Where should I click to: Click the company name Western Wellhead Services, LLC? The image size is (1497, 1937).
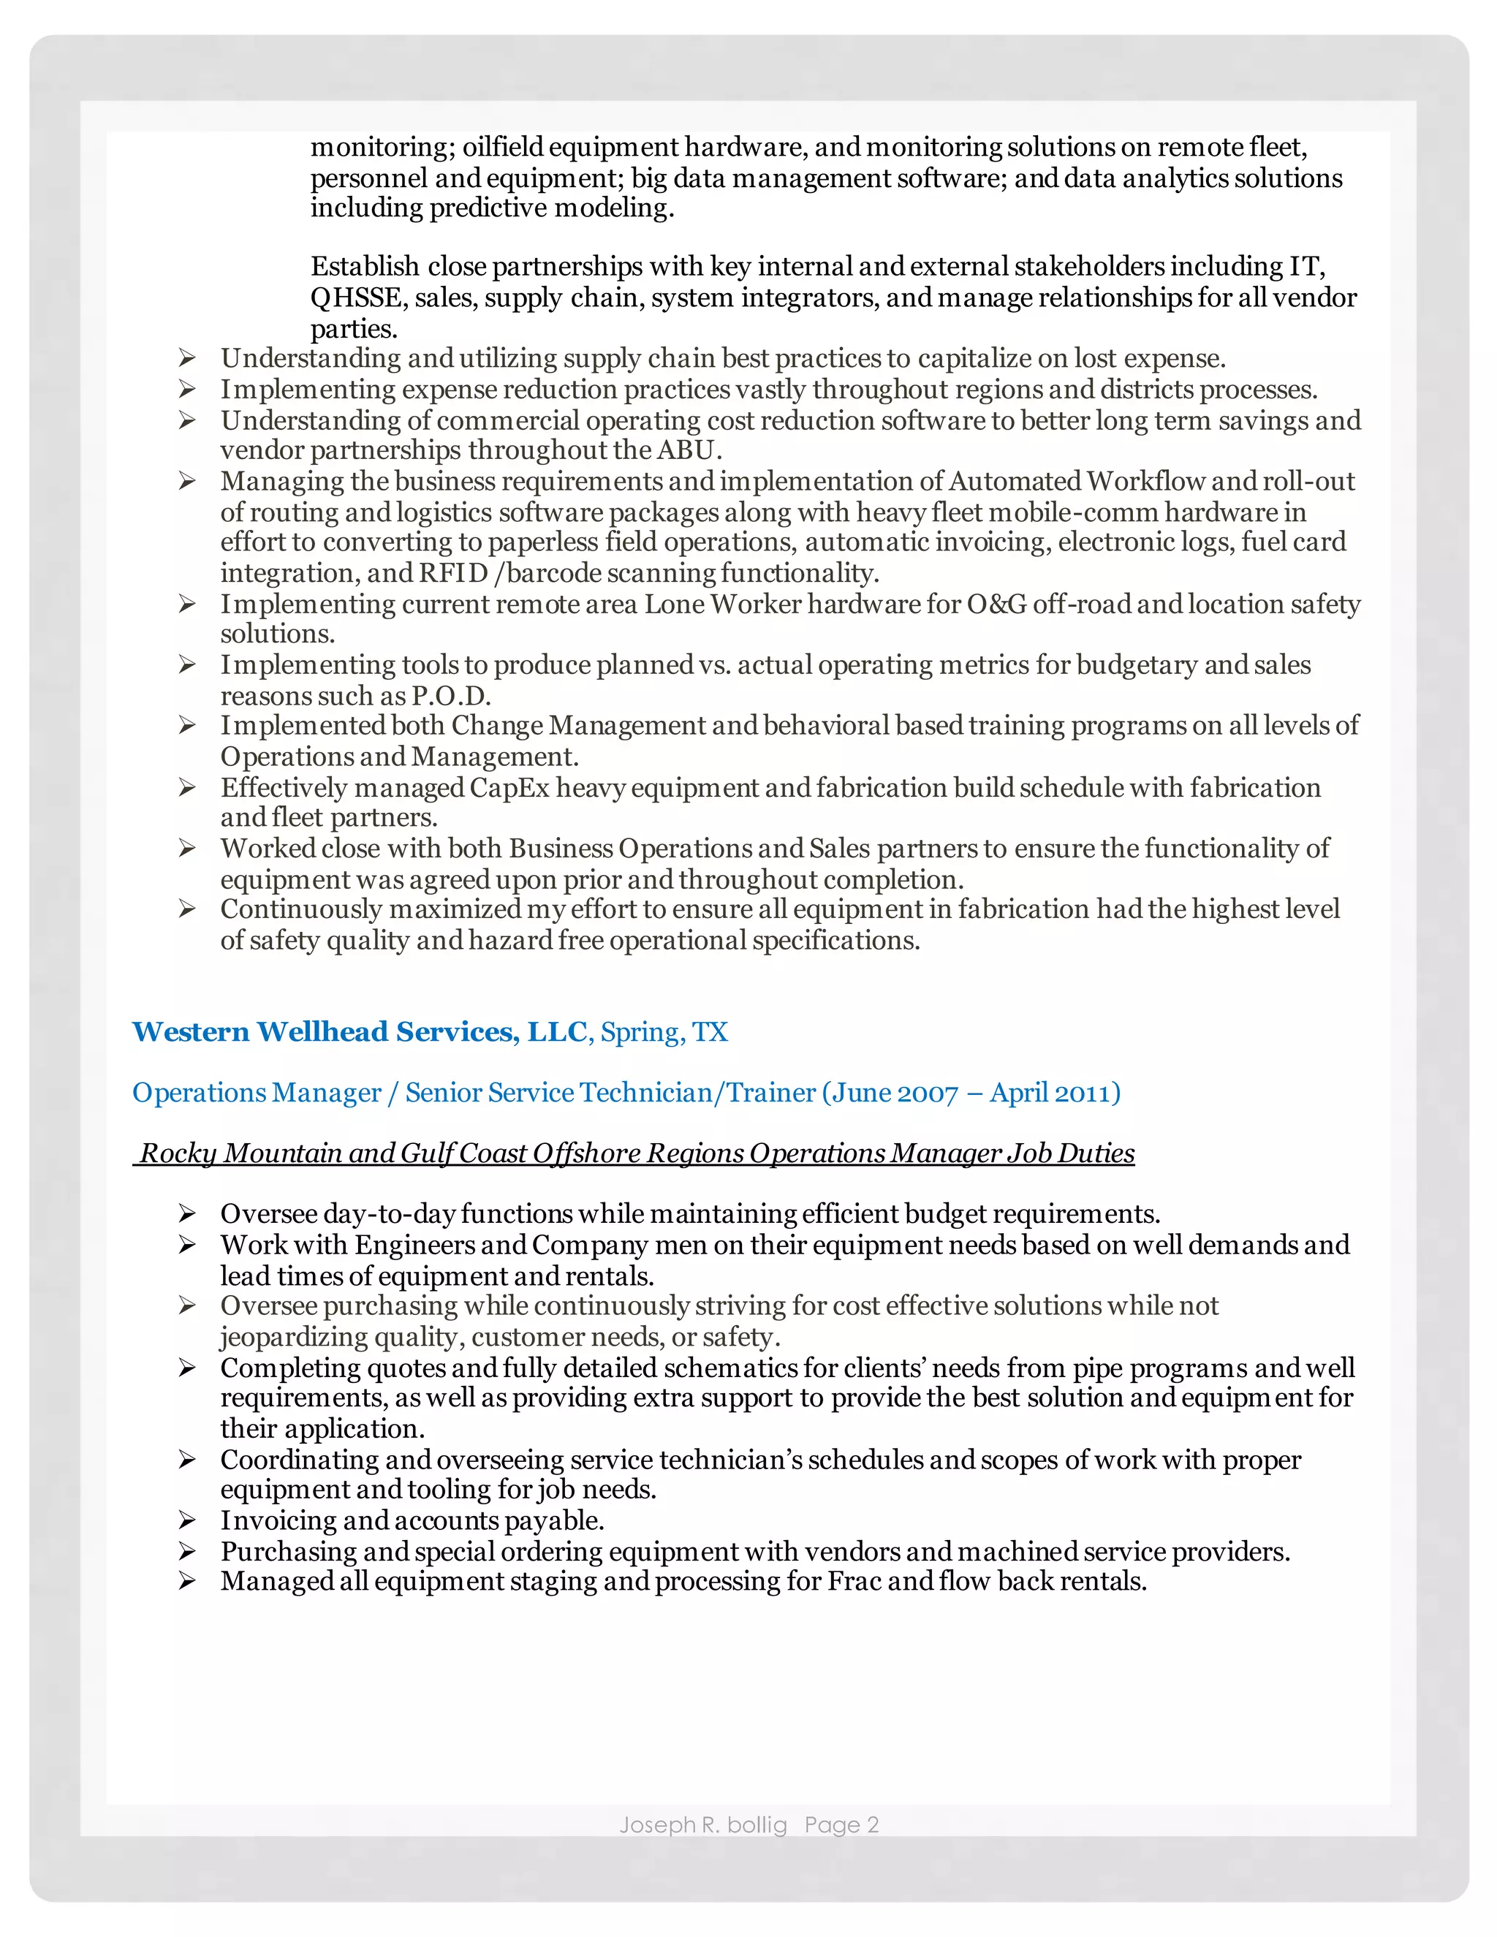tap(359, 1031)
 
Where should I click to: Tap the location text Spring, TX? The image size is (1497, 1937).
tap(664, 1032)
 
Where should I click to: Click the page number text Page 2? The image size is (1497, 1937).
tap(841, 1824)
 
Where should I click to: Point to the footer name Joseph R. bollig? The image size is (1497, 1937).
tap(702, 1824)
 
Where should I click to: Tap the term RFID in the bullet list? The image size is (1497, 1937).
tap(453, 573)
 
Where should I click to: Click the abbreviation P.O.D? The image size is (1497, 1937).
tap(450, 695)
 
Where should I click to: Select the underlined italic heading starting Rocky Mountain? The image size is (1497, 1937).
tap(634, 1153)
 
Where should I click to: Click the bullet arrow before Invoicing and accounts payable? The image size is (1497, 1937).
tap(186, 1520)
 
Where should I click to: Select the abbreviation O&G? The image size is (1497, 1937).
tap(996, 604)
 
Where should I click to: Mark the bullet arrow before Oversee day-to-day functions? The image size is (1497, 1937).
tap(186, 1213)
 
